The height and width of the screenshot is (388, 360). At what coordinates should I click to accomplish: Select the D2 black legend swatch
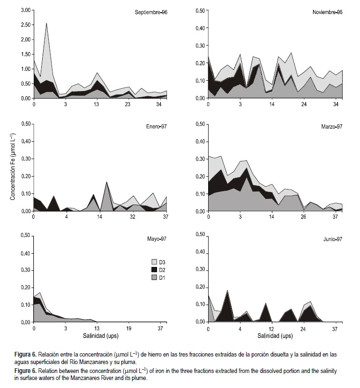pos(154,270)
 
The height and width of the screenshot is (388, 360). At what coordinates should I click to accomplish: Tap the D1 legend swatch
pos(154,278)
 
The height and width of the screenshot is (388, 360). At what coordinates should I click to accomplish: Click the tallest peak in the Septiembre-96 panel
pos(46,23)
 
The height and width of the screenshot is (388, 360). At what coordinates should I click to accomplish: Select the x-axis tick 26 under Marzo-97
pos(304,217)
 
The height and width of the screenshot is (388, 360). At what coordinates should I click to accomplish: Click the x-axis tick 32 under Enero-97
pos(133,217)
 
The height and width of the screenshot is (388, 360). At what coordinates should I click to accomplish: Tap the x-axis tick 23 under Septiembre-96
pos(128,104)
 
